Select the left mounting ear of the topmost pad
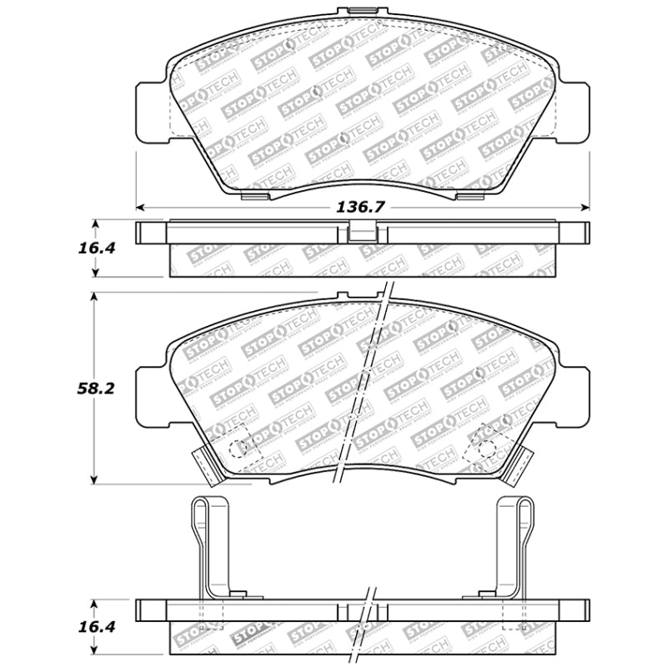pyautogui.click(x=151, y=111)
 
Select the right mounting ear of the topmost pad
pyautogui.click(x=574, y=111)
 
